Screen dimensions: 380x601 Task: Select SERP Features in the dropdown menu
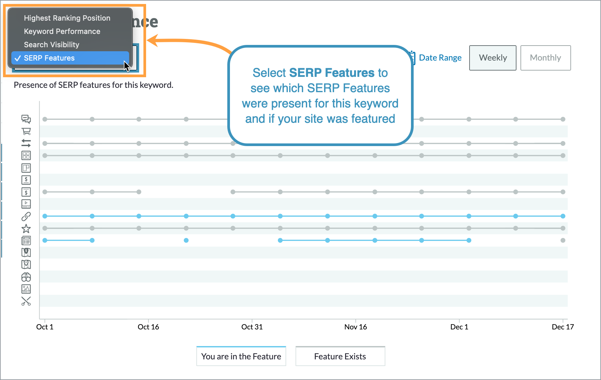[x=49, y=58]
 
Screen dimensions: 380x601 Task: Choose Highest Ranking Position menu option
[x=67, y=18]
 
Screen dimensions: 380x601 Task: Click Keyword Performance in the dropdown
[x=62, y=31]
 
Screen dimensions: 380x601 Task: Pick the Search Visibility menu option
[x=52, y=45]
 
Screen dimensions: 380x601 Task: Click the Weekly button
[x=493, y=58]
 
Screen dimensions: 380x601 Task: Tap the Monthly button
[x=545, y=58]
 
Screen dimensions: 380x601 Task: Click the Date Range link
[x=440, y=58]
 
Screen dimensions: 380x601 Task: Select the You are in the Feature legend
[x=241, y=356]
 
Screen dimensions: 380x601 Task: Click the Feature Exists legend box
[x=340, y=356]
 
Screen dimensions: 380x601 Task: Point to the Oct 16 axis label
[x=148, y=327]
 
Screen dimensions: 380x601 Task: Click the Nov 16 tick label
[x=355, y=327]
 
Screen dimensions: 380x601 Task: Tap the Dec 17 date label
[x=562, y=327]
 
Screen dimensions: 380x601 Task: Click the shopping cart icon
[x=26, y=131]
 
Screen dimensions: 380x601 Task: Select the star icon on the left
[x=26, y=229]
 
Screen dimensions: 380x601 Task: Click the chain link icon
[x=26, y=217]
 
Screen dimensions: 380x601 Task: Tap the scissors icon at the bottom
[x=26, y=301]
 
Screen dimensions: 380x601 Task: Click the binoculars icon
[x=26, y=277]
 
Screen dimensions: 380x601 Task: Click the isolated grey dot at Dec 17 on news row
[x=563, y=240]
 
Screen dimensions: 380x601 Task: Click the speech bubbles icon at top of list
[x=26, y=119]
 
